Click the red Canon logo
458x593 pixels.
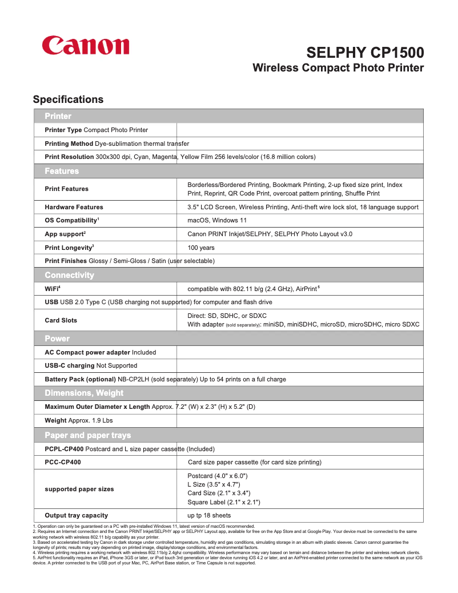pos(86,46)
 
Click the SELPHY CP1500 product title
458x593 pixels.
pos(365,53)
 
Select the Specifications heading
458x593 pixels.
pos(68,100)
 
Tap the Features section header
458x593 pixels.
pos(62,171)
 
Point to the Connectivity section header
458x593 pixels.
pos(69,275)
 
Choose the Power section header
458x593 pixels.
pos(57,339)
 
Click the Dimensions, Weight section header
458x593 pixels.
pos(83,393)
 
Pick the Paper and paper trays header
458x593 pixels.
pos(87,435)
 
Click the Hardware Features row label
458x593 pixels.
pos(74,207)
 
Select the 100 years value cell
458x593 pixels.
pos(201,248)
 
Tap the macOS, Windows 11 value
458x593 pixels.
pos(217,220)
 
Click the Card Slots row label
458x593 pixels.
pos(61,320)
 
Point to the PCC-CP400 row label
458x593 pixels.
pos(62,462)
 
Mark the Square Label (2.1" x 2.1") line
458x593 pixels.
pos(223,502)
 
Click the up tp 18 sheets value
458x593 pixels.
pos(209,515)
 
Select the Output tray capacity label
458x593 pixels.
pos(76,515)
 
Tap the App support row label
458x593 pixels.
pos(65,234)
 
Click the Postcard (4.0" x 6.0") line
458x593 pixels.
pos(217,476)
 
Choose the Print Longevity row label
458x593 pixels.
pos(69,248)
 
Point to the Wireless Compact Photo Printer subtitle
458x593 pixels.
pos(338,68)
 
